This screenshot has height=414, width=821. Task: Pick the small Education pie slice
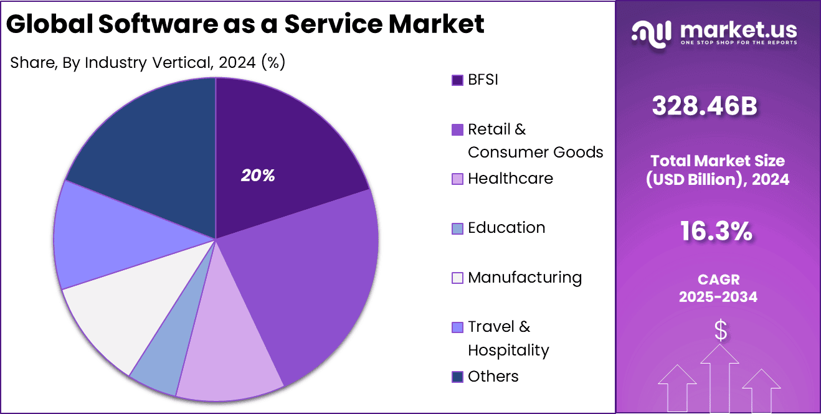159,367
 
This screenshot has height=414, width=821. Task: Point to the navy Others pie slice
149,143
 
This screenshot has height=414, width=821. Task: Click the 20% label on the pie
258,176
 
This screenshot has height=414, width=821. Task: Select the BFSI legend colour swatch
458,80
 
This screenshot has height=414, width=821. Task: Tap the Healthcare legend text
510,179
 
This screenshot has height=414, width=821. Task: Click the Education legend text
506,228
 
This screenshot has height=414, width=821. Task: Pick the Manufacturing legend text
524,278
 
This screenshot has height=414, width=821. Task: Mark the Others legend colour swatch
458,377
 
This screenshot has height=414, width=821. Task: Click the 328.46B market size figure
705,106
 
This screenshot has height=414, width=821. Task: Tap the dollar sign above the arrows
720,331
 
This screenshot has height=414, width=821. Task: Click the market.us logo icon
651,33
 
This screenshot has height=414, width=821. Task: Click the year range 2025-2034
718,297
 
